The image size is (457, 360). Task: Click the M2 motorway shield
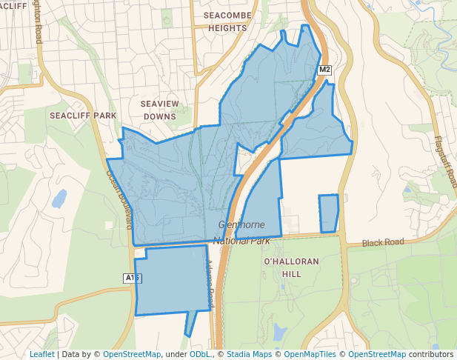pos(324,70)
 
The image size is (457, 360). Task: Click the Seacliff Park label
pos(84,116)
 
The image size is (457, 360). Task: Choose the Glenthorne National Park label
pos(242,233)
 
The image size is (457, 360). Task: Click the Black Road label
pos(383,242)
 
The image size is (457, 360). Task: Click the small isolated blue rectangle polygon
pos(329,213)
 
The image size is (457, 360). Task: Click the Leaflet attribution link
pos(41,354)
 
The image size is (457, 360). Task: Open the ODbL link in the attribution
pos(200,354)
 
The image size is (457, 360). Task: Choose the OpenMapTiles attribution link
pos(310,354)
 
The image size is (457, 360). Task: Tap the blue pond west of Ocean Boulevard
pos(59,199)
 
